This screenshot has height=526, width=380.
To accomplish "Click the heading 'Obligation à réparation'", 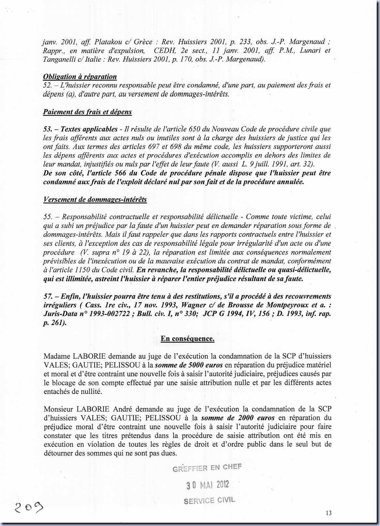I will [80, 77].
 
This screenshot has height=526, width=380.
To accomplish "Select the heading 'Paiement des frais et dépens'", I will [87, 112].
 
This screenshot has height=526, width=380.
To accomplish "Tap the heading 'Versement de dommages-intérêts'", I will [95, 199].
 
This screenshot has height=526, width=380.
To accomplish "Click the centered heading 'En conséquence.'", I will [187, 338].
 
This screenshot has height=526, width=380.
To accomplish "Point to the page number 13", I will [328, 513].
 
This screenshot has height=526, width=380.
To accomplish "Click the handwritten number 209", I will [29, 507].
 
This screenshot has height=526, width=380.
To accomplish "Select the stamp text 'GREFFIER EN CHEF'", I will [207, 468].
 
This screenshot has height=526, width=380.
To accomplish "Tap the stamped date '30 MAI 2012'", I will [208, 485].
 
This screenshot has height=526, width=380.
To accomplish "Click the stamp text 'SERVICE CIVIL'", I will [209, 501].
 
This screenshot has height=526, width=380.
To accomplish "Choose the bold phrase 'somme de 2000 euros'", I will [238, 418].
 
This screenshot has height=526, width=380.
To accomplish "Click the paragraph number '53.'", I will [48, 129].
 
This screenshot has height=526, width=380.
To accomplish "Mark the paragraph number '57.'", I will [48, 296].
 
